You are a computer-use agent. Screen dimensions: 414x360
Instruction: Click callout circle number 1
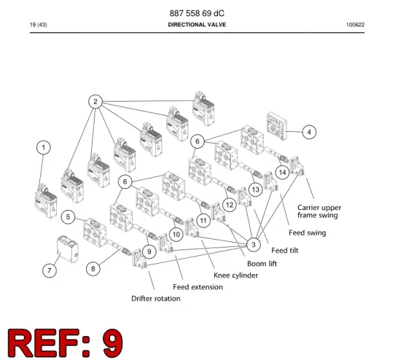coord(43,148)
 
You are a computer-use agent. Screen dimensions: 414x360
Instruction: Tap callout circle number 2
coord(95,101)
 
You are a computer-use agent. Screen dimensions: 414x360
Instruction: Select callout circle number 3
coord(254,244)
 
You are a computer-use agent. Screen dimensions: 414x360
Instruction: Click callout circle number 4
coord(309,132)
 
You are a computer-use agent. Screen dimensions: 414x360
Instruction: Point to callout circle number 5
coord(68,217)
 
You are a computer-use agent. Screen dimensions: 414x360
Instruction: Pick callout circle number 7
coord(50,270)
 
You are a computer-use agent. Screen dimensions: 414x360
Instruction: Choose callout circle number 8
coord(93,269)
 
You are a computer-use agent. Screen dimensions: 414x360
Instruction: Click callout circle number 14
coord(282,173)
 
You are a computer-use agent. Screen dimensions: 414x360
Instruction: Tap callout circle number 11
coord(203,220)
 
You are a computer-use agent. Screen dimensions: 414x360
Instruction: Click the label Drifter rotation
coord(156,299)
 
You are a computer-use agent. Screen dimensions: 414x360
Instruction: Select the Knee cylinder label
coord(235,275)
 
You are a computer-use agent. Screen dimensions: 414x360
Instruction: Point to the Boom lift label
coord(262,264)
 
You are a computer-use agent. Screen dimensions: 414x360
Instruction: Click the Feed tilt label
coord(285,250)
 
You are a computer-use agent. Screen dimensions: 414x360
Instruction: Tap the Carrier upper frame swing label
coord(319,211)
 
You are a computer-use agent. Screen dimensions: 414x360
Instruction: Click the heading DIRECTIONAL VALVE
coord(197,25)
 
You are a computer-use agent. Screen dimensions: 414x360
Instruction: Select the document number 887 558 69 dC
coord(197,13)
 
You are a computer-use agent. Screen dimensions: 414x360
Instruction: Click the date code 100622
coord(355,25)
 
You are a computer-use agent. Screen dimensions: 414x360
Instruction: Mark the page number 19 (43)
coord(39,25)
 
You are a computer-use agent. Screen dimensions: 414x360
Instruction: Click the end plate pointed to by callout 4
coord(276,126)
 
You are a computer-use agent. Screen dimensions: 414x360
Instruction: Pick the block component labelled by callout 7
coord(67,249)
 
